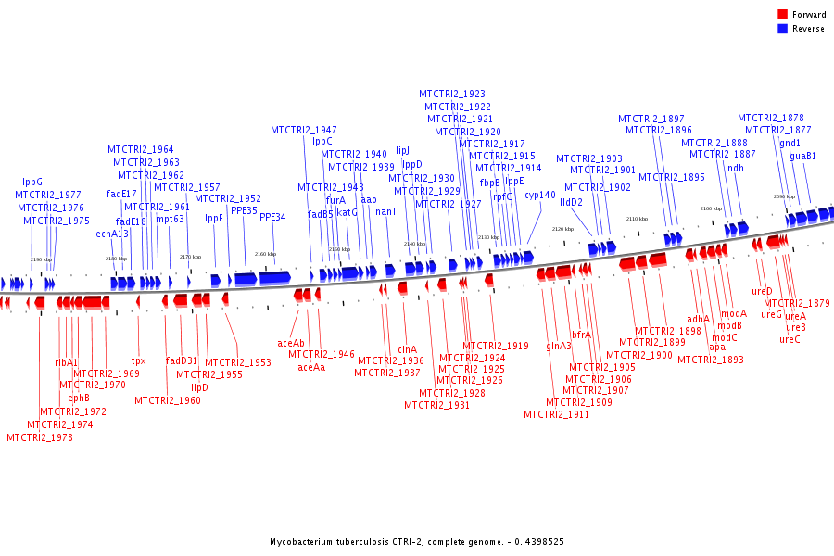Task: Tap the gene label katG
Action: [347, 212]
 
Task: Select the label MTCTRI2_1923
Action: [452, 95]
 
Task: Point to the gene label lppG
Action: [32, 183]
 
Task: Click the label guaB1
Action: [803, 157]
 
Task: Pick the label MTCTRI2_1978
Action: [40, 437]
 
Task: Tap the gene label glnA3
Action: [559, 346]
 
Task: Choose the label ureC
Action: [790, 339]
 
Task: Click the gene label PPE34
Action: [272, 217]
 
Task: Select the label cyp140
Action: [540, 196]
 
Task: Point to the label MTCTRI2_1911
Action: [556, 414]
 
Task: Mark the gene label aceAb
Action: [291, 343]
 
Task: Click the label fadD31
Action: [182, 360]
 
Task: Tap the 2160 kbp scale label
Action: [265, 254]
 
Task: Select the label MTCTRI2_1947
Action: [304, 130]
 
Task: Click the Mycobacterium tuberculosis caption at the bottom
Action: [417, 542]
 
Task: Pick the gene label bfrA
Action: [581, 335]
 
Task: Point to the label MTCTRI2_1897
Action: [651, 120]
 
